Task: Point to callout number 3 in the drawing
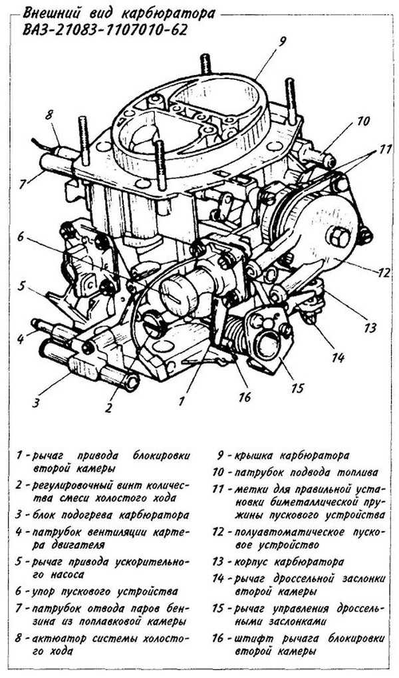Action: [37, 403]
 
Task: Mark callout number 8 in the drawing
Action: [49, 115]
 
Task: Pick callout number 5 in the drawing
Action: [22, 287]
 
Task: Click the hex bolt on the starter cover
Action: [335, 237]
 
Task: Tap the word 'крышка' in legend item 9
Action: [254, 456]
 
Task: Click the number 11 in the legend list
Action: [219, 490]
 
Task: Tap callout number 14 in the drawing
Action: [338, 358]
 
